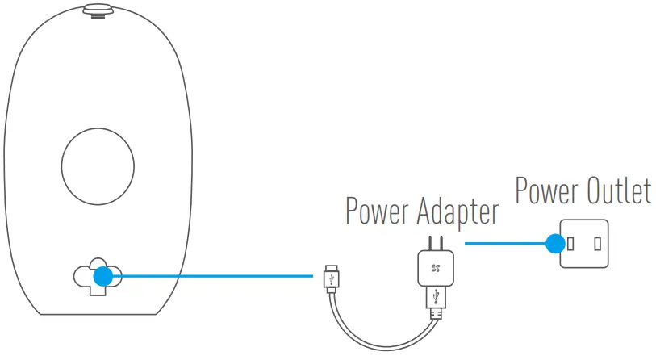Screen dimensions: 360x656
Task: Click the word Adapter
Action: pyautogui.click(x=457, y=211)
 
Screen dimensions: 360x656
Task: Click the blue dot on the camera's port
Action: pyautogui.click(x=102, y=276)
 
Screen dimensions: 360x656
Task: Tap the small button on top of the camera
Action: pyautogui.click(x=96, y=10)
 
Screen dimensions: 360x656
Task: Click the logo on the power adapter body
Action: pyautogui.click(x=436, y=268)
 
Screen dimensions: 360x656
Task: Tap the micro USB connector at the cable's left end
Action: pyautogui.click(x=331, y=278)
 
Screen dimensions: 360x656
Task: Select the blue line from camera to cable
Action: pyautogui.click(x=210, y=276)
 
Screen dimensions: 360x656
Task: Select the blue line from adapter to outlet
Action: pyautogui.click(x=504, y=242)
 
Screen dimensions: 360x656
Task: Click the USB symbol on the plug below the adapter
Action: pyautogui.click(x=437, y=297)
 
